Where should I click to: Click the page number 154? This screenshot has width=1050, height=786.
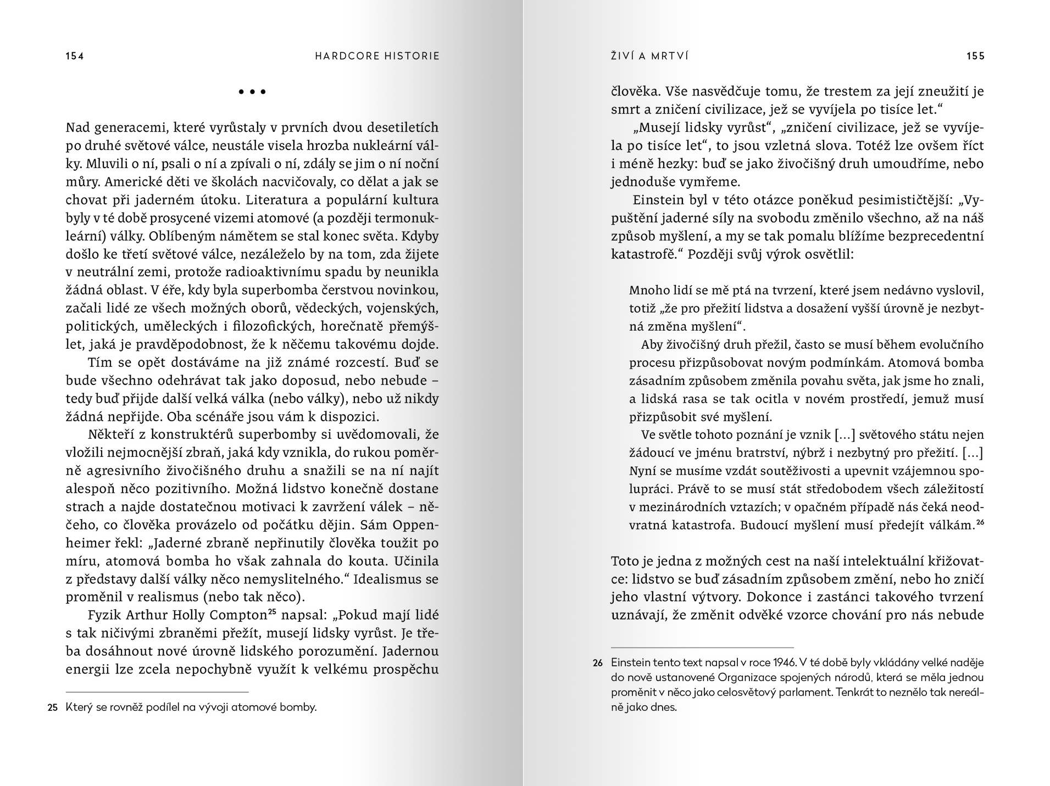(x=75, y=56)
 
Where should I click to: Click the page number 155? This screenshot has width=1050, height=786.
(x=975, y=56)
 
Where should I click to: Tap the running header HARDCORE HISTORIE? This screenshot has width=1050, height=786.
(x=377, y=56)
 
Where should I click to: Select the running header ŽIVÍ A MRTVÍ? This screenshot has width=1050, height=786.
(x=649, y=56)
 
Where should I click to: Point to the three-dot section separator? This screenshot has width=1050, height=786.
(x=252, y=92)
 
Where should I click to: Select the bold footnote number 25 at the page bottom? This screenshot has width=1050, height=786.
(x=53, y=708)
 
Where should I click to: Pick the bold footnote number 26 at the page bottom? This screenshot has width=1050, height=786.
(x=598, y=664)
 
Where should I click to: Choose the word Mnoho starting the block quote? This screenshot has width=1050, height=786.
(x=646, y=291)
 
